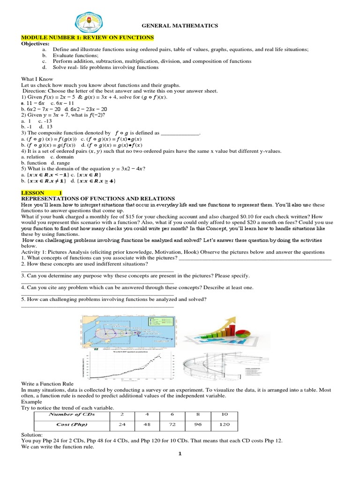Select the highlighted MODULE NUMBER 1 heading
[88, 37]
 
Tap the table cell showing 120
[225, 424]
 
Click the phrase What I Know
[37, 79]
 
